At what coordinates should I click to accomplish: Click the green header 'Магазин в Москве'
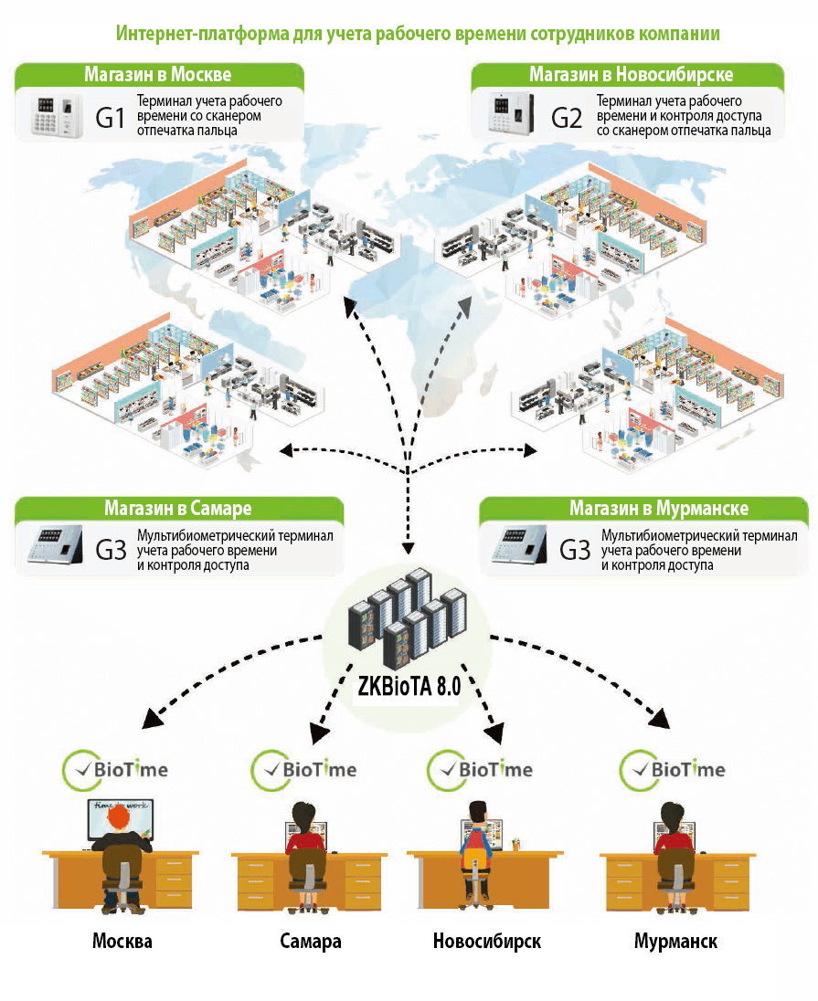(x=158, y=74)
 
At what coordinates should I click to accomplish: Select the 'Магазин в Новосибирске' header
(x=631, y=74)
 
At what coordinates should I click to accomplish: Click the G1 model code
(x=110, y=117)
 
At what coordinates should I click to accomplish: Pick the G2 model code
(x=566, y=117)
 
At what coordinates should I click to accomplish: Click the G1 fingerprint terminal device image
(x=54, y=115)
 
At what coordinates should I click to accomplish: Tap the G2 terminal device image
(x=509, y=115)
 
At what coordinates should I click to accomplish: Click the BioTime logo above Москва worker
(x=115, y=769)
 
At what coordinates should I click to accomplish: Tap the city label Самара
(x=311, y=941)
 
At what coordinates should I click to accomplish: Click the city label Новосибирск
(x=486, y=941)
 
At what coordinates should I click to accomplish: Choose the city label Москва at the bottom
(x=122, y=941)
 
